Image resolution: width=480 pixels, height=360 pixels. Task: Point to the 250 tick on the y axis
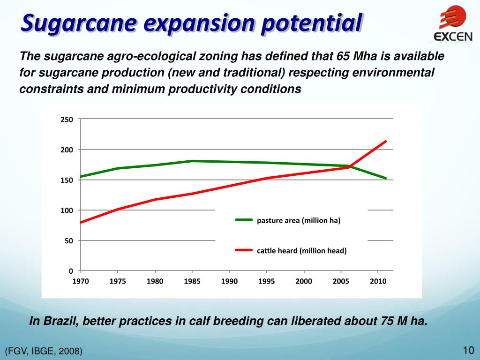point(67,120)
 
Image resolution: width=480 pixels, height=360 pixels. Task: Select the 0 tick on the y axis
point(70,271)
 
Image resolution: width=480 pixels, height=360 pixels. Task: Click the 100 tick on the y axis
point(67,210)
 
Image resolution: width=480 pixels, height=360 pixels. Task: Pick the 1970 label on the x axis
point(81,281)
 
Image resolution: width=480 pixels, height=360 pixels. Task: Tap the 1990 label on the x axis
point(229,281)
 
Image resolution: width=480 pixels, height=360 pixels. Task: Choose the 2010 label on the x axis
point(378,281)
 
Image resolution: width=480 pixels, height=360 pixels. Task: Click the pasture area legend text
point(298,220)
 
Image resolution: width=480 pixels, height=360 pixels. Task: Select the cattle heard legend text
point(301,251)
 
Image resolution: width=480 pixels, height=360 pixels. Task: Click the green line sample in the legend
point(244,220)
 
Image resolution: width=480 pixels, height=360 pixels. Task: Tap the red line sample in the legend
point(244,250)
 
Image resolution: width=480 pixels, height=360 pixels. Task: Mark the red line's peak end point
point(385,141)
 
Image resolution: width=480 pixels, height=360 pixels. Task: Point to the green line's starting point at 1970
point(81,177)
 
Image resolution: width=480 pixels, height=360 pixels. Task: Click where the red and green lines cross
point(350,166)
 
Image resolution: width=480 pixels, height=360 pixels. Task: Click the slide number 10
point(468,350)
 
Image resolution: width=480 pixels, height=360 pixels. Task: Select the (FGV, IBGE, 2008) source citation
point(44,351)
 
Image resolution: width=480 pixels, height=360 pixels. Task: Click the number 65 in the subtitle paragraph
point(343,57)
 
